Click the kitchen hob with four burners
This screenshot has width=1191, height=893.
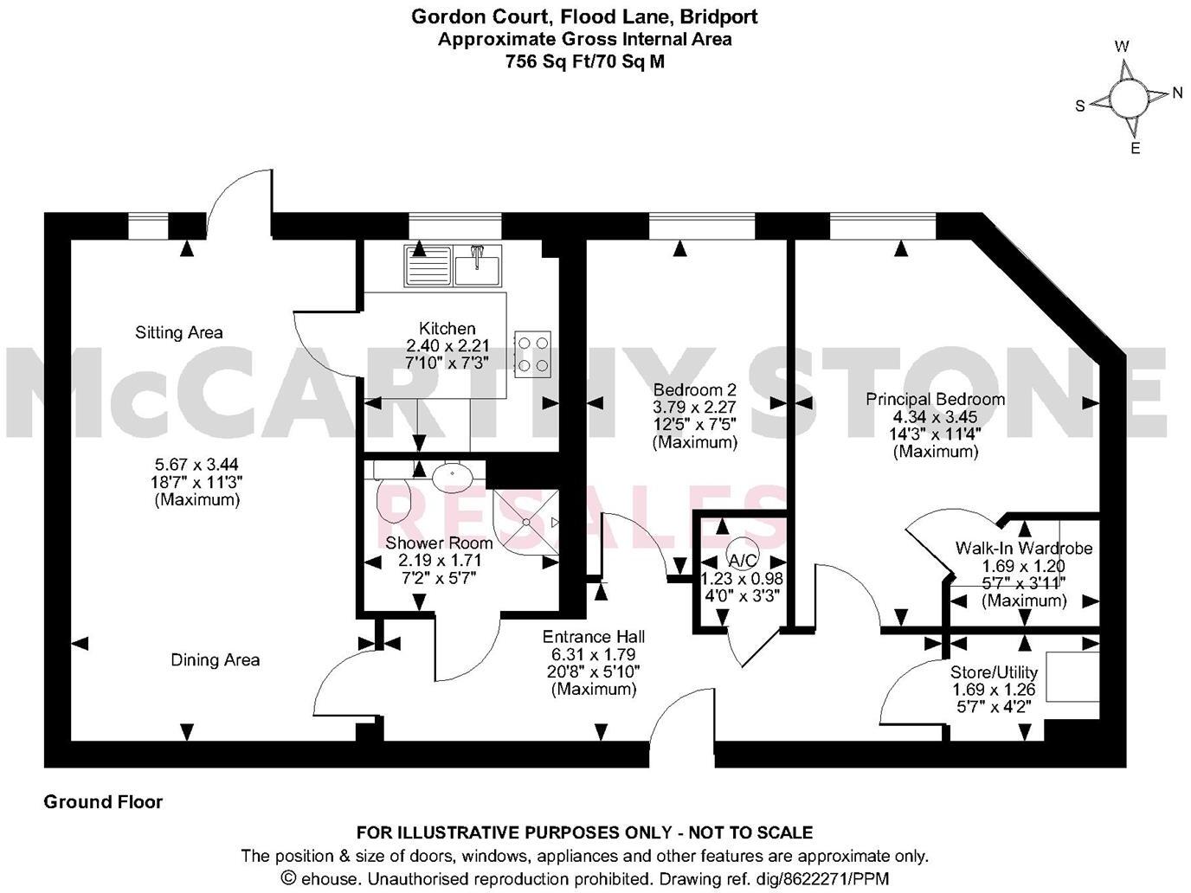coord(532,354)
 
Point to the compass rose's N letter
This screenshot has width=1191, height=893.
coord(1176,93)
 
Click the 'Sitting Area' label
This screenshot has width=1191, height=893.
coord(179,332)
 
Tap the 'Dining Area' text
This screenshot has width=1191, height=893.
coord(215,660)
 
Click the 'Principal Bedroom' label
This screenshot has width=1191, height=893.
coord(936,399)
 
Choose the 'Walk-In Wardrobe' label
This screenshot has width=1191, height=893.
coord(1023,548)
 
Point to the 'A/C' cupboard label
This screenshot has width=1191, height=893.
coord(741,559)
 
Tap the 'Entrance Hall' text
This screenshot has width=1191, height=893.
coord(593,637)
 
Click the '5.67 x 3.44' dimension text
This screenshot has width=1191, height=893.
coord(196,465)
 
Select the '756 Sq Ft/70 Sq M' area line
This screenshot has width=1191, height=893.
coord(585,61)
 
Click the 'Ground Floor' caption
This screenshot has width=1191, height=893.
coord(103,802)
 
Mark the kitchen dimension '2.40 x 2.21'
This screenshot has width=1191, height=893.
coord(447,345)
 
